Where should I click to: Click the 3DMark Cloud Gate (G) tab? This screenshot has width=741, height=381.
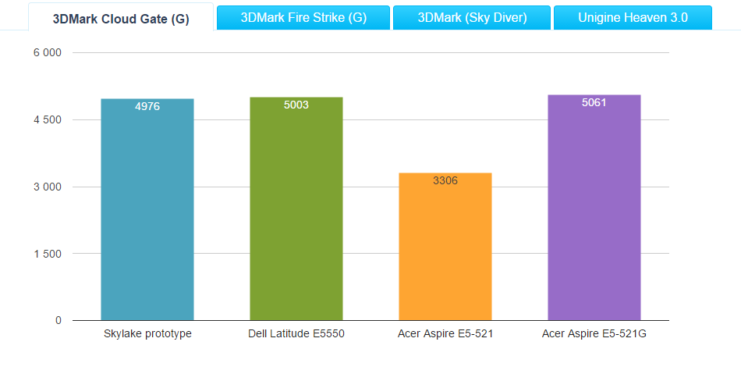[x=121, y=19]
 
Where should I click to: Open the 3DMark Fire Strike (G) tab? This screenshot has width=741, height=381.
[x=303, y=17]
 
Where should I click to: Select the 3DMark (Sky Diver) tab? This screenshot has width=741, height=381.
[x=472, y=17]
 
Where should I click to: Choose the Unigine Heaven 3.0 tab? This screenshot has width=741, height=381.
[x=633, y=17]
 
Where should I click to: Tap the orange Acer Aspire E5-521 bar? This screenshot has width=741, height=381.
[x=445, y=250]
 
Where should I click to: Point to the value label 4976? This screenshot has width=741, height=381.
[x=147, y=106]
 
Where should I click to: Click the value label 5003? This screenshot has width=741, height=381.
[x=296, y=105]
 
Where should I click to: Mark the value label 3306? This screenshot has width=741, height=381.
[x=445, y=180]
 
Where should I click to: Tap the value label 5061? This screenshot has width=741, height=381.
[x=594, y=102]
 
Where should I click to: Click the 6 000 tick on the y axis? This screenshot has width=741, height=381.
[x=47, y=53]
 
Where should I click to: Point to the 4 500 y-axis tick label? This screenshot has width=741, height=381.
[x=47, y=120]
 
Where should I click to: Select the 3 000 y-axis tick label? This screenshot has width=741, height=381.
[x=47, y=187]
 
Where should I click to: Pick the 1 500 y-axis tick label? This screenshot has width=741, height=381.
[x=47, y=254]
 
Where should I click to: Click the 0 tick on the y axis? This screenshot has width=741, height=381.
[x=58, y=320]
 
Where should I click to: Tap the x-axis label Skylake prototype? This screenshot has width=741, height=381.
[x=147, y=334]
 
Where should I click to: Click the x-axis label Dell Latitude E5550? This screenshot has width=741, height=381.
[x=296, y=334]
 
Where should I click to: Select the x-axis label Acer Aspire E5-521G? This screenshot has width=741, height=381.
[x=594, y=334]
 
